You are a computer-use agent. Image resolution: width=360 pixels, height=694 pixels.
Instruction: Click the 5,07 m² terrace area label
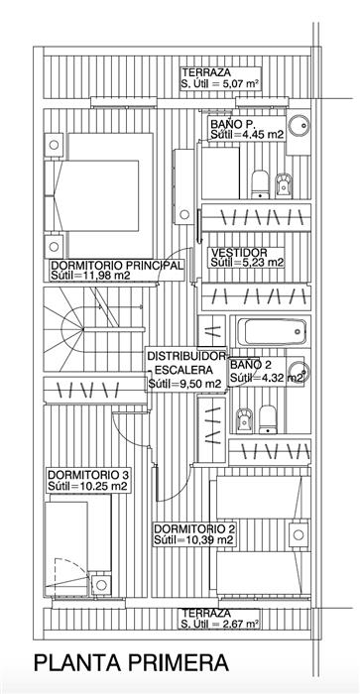tap(220, 79)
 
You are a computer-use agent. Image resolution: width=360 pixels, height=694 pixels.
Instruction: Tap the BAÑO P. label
tap(227, 124)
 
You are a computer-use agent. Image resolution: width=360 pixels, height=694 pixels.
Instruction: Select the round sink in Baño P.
tap(298, 125)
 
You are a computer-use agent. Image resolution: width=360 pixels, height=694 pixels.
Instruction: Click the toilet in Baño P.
tap(260, 183)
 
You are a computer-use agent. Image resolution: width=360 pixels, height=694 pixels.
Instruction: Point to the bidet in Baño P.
tap(284, 185)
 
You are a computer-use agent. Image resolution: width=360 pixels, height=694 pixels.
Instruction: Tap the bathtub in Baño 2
tap(272, 332)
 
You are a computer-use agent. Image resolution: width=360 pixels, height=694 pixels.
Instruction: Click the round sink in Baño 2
tap(298, 372)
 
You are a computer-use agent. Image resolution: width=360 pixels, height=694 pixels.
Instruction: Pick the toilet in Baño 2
tap(268, 419)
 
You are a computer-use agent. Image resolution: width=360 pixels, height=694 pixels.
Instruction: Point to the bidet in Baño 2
tap(244, 419)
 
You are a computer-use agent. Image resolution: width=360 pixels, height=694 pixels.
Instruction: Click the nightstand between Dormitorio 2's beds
tap(299, 534)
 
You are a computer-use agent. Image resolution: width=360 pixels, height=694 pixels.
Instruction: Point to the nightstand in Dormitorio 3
tap(101, 585)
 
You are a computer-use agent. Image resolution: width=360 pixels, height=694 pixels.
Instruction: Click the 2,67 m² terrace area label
tap(220, 619)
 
